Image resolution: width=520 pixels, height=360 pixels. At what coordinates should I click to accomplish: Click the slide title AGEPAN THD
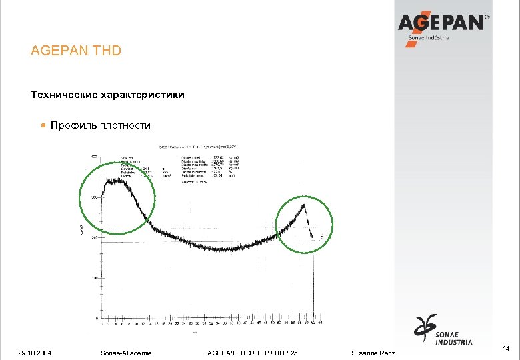[x=76, y=51]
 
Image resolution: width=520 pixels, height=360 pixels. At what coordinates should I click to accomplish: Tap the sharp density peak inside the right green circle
[x=305, y=206]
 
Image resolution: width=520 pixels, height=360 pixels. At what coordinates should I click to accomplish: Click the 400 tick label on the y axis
[x=94, y=157]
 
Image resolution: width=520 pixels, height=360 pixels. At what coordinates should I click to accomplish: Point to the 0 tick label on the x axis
[x=101, y=325]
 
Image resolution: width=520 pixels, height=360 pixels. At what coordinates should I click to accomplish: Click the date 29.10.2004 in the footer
[x=34, y=353]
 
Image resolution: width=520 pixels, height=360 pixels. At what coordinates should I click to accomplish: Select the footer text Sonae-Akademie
[x=125, y=353]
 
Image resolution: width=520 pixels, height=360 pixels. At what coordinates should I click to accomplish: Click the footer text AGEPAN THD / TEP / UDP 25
[x=253, y=353]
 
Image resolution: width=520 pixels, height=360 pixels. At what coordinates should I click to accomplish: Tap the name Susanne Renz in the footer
[x=373, y=353]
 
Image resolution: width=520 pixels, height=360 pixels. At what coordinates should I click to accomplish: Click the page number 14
[x=507, y=348]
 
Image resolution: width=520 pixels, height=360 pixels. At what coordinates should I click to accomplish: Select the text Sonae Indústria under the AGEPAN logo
[x=428, y=38]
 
